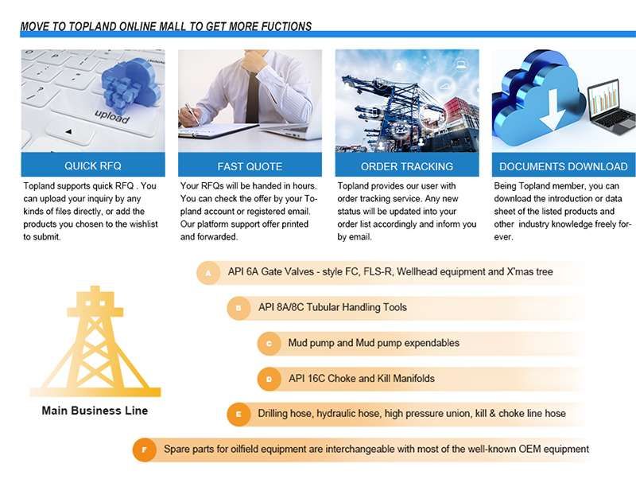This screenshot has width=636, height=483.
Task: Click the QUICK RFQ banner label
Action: click(93, 166)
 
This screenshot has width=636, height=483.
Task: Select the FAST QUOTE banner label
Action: click(250, 166)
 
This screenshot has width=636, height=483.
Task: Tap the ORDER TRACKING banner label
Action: click(407, 166)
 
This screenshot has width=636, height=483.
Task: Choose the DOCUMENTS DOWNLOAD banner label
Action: click(564, 166)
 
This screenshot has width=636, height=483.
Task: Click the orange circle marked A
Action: click(208, 273)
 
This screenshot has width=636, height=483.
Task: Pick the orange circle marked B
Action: click(238, 308)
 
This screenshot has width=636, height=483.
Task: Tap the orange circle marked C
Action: click(269, 344)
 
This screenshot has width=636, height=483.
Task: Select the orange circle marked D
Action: click(269, 379)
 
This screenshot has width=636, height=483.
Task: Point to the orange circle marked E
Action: click(238, 415)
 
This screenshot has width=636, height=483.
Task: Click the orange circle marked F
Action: click(144, 450)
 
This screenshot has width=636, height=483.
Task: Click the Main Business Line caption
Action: click(95, 411)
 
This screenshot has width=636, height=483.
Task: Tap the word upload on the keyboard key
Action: click(112, 116)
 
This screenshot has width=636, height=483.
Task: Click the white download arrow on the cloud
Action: click(552, 110)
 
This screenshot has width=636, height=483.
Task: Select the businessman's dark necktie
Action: click(252, 97)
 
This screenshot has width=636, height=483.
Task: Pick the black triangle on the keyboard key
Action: click(68, 131)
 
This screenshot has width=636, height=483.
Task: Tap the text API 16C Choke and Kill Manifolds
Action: click(362, 379)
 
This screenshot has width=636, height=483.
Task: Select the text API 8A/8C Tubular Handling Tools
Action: click(332, 307)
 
